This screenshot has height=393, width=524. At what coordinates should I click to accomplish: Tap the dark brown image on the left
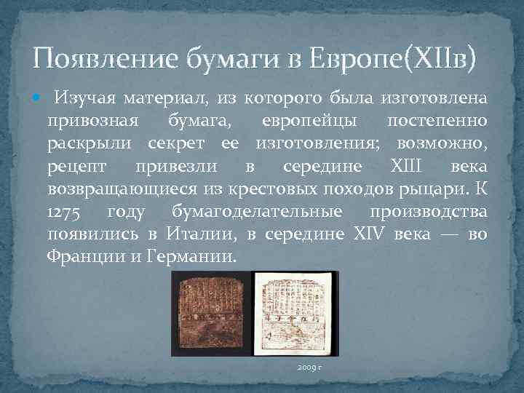[211, 313]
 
